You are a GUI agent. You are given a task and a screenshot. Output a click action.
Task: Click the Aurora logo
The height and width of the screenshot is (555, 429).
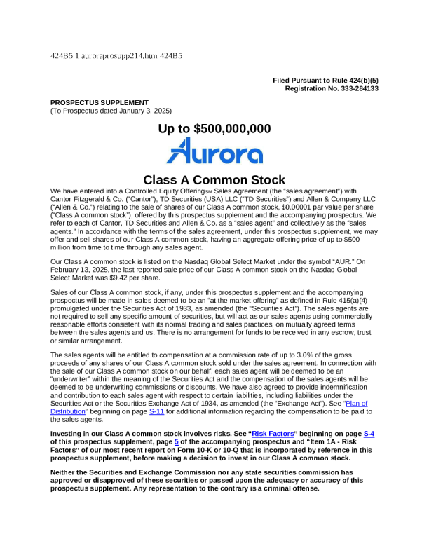click(x=214, y=151)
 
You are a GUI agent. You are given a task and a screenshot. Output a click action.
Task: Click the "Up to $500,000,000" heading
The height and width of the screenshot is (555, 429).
click(x=214, y=129)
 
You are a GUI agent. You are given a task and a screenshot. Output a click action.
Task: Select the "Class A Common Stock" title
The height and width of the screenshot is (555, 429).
click(x=214, y=180)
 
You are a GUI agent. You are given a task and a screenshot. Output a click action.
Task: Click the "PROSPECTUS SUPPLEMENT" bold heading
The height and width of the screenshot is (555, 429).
click(x=100, y=102)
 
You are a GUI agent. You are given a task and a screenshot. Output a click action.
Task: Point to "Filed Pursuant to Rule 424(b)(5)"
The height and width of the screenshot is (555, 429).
click(x=325, y=81)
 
